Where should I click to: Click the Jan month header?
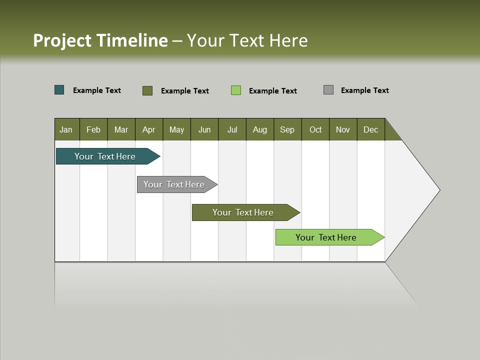pyautogui.click(x=66, y=129)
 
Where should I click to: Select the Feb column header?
pyautogui.click(x=93, y=129)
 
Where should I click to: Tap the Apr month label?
pyautogui.click(x=149, y=129)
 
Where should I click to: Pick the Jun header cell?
pyautogui.click(x=204, y=129)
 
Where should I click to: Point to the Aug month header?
pyautogui.click(x=260, y=129)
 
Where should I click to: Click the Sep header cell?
pyautogui.click(x=287, y=129)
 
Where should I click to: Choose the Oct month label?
pyautogui.click(x=315, y=129)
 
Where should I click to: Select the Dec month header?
pyautogui.click(x=371, y=129)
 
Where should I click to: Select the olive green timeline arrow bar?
pyautogui.click(x=243, y=212)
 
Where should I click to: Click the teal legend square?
pyautogui.click(x=59, y=90)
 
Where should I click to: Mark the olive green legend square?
pyautogui.click(x=147, y=90)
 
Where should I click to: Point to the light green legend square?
pyautogui.click(x=236, y=90)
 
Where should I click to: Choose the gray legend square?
pyautogui.click(x=328, y=90)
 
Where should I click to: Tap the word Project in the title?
pyautogui.click(x=62, y=40)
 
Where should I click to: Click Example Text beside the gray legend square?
pyautogui.click(x=364, y=90)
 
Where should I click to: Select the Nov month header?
pyautogui.click(x=343, y=129)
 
